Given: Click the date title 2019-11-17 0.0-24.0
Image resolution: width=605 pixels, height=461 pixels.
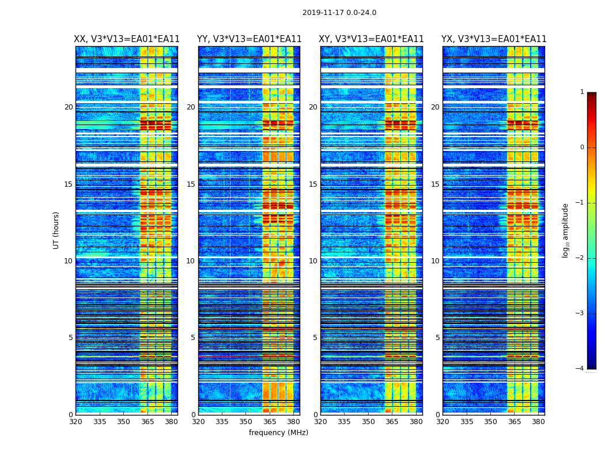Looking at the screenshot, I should point(339,13).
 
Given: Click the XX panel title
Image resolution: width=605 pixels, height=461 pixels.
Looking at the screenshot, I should point(127,39).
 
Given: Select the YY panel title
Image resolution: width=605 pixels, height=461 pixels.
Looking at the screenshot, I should point(249,39).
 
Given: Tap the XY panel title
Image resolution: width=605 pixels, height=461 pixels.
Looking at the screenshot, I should point(372,39).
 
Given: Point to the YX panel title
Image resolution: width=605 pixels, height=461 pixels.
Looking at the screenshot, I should point(494,39).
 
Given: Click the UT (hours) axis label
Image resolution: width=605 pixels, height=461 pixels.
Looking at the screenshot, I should point(56,230).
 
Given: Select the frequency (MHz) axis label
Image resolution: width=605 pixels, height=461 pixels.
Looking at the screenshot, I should point(278,433).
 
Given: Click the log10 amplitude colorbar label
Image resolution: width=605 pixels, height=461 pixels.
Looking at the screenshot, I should point(566,230).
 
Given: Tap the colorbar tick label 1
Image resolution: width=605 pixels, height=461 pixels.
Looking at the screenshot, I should point(582,92).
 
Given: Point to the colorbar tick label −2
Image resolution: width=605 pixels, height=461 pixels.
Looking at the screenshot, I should point(580,258).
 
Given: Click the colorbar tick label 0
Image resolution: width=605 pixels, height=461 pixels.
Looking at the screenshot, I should point(582,148).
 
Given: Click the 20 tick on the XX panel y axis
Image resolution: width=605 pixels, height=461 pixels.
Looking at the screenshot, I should point(69,107).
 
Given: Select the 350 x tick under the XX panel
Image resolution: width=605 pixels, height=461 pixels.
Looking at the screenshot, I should point(123,422).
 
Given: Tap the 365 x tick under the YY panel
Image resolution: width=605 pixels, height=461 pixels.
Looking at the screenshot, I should point(270,422).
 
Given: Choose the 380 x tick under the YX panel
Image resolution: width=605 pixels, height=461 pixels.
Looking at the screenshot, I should point(538,422).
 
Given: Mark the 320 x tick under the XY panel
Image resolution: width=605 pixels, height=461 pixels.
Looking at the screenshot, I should point(321,422).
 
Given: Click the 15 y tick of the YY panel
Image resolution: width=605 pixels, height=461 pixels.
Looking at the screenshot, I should point(191,184).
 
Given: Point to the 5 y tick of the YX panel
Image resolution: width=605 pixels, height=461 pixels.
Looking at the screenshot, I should point(438,338).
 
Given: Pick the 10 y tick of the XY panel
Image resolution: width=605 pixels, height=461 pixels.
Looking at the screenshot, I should point(313,261).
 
